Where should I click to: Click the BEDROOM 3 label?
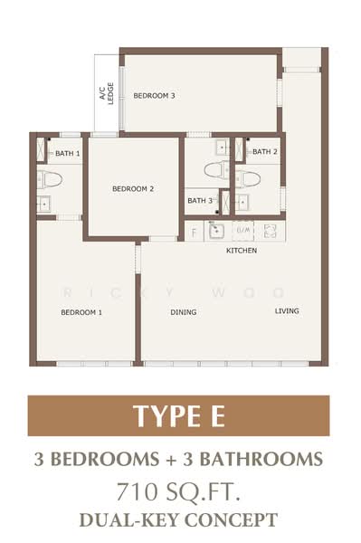click(x=154, y=96)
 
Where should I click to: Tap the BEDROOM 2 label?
click(x=133, y=189)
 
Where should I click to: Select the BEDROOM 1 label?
click(x=81, y=312)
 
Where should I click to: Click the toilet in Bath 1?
click(x=50, y=179)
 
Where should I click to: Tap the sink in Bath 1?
click(x=44, y=204)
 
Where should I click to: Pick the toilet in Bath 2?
click(x=248, y=179)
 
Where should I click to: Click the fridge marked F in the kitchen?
click(x=195, y=232)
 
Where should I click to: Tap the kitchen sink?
click(x=216, y=231)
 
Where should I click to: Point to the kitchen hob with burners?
click(x=270, y=231)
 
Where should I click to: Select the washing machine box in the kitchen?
click(x=243, y=231)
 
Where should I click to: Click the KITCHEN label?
click(x=242, y=251)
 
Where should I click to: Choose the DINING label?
click(x=184, y=312)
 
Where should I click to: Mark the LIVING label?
click(x=287, y=311)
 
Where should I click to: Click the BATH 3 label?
click(x=200, y=201)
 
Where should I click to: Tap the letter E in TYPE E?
click(x=218, y=416)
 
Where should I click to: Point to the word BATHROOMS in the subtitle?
click(x=261, y=459)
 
